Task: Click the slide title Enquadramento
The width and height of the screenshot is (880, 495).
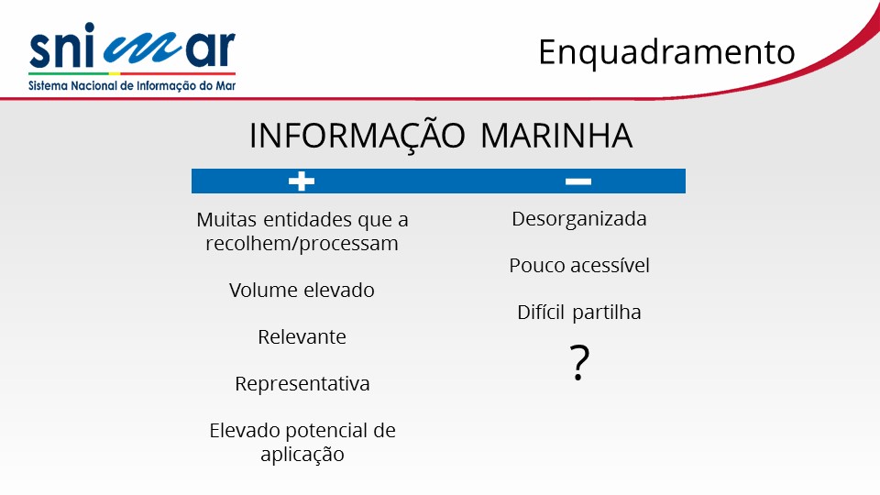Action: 666,53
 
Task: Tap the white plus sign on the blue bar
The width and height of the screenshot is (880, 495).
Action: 302,181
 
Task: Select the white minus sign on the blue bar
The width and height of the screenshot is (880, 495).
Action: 578,181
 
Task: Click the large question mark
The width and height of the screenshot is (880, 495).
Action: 579,363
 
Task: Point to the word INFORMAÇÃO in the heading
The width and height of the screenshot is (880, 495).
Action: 357,136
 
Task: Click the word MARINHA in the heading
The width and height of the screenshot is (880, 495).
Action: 556,136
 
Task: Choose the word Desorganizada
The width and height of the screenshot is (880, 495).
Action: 579,219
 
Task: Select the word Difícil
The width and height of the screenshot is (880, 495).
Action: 541,312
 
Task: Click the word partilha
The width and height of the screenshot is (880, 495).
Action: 607,313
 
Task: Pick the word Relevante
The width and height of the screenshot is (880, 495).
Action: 302,336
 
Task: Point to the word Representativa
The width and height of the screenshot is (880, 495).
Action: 302,384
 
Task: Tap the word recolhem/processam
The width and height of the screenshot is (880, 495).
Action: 302,244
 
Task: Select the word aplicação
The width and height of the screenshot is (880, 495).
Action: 302,454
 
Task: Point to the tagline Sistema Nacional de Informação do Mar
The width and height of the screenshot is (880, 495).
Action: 132,86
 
